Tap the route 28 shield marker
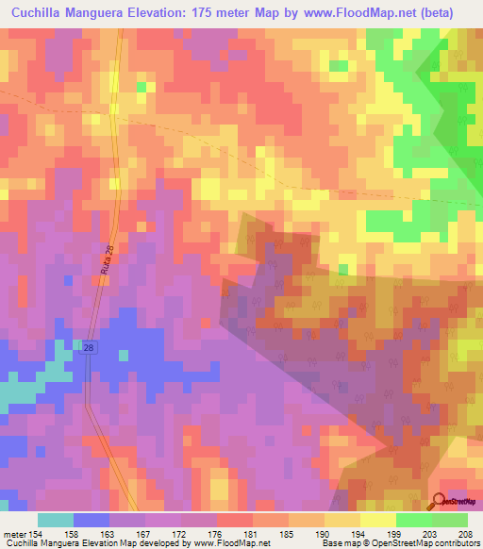click(89, 349)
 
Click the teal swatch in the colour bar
click(56, 519)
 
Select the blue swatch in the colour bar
click(92, 519)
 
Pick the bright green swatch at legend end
click(450, 519)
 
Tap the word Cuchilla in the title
click(42, 13)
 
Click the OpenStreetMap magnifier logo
click(439, 501)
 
